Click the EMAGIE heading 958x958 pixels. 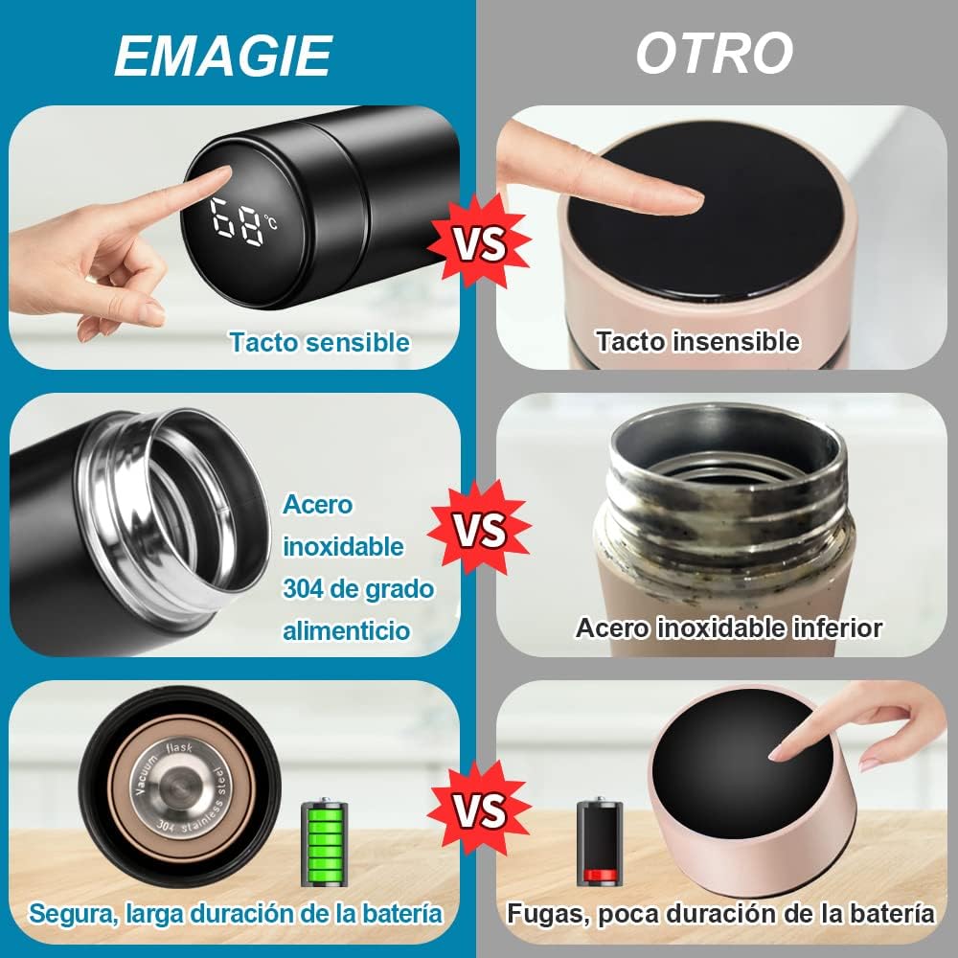click(x=222, y=55)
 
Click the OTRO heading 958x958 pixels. click(x=715, y=53)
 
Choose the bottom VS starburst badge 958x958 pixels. click(x=479, y=810)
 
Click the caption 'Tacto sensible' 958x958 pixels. click(x=319, y=342)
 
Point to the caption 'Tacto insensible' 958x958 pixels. click(x=697, y=341)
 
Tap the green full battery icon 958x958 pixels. click(x=325, y=844)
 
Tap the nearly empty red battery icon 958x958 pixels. click(x=600, y=844)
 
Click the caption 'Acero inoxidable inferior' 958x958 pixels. click(x=728, y=628)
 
